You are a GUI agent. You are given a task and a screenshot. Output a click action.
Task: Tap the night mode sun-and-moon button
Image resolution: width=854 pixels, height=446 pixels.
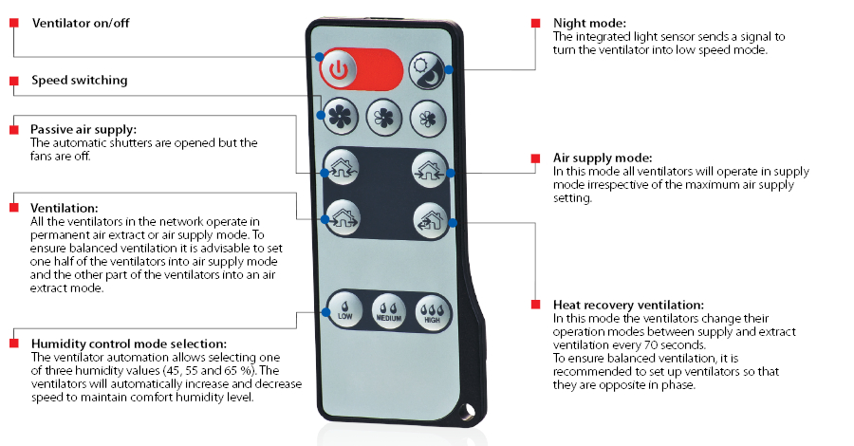coord(427,71)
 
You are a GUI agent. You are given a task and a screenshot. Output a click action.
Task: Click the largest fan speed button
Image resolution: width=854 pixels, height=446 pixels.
coord(341,116)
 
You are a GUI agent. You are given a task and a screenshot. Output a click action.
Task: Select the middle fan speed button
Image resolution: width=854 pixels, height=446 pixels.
coord(384,118)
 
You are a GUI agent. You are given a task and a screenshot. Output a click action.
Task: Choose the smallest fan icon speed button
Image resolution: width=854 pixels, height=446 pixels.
coord(428,119)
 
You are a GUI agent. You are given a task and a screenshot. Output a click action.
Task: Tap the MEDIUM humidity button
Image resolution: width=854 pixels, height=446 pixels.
coord(389,312)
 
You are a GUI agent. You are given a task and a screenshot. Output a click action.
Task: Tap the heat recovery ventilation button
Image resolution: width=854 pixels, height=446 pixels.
coord(431,220)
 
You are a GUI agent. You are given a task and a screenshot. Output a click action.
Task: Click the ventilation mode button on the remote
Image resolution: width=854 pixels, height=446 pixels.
coord(343,217)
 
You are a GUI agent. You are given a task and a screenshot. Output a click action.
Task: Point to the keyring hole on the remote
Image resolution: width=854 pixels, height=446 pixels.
coord(466,412)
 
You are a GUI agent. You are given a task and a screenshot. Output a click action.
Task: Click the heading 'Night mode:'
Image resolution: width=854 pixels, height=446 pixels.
coord(589,24)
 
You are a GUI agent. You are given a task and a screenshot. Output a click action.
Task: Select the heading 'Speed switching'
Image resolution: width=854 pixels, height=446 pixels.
coord(80,80)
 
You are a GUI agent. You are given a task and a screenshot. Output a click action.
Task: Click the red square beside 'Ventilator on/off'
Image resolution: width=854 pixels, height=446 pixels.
coord(14,23)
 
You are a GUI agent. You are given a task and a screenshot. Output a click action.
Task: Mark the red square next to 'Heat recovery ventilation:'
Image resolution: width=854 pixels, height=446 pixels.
coord(536,305)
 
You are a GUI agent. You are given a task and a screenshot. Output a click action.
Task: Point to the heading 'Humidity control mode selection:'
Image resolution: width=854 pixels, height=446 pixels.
coord(128,344)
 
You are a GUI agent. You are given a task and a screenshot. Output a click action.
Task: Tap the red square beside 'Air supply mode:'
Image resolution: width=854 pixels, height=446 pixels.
coord(536,158)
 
